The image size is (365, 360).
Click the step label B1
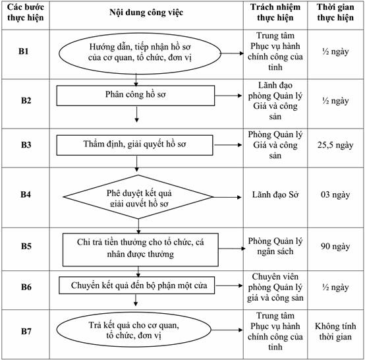pyautogui.click(x=23, y=51)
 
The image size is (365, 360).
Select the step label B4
pyautogui.click(x=26, y=194)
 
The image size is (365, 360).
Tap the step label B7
pyautogui.click(x=26, y=331)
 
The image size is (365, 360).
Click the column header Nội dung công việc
pyautogui.click(x=146, y=13)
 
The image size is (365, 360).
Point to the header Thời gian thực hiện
pyautogui.click(x=335, y=13)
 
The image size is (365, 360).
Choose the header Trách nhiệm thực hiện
pyautogui.click(x=275, y=13)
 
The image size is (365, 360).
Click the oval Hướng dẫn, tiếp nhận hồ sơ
pyautogui.click(x=140, y=53)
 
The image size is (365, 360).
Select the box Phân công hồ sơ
pyautogui.click(x=136, y=96)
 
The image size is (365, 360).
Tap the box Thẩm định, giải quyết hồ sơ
pyautogui.click(x=134, y=145)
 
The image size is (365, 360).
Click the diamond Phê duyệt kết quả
pyautogui.click(x=138, y=197)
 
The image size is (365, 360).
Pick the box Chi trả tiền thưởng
pyautogui.click(x=140, y=249)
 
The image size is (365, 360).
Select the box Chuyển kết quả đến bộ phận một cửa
pyautogui.click(x=136, y=285)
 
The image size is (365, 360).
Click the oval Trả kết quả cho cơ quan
pyautogui.click(x=134, y=330)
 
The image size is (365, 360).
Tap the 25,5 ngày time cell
pyautogui.click(x=335, y=145)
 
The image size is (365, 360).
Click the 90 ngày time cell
pyautogui.click(x=335, y=247)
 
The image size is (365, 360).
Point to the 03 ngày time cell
pyautogui.click(x=335, y=195)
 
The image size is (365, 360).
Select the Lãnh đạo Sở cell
pyautogui.click(x=275, y=195)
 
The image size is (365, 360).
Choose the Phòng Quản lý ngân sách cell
pyautogui.click(x=275, y=246)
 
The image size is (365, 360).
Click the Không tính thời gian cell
pyautogui.click(x=335, y=332)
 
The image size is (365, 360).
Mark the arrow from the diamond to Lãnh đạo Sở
pyautogui.click(x=227, y=197)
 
